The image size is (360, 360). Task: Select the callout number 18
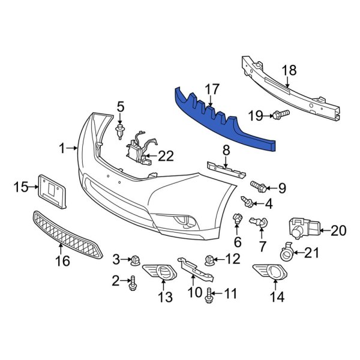pyautogui.click(x=289, y=70)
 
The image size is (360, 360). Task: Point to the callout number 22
pyautogui.click(x=166, y=157)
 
